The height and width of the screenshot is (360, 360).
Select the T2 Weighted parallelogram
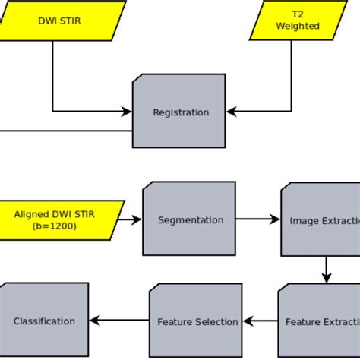tap(297, 21)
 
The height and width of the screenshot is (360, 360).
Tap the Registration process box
tap(180, 112)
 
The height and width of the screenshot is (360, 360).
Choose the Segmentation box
tap(190, 219)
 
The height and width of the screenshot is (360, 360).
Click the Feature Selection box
tap(196, 321)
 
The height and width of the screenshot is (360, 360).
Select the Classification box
tap(44, 321)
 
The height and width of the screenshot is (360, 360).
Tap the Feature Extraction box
tap(319, 321)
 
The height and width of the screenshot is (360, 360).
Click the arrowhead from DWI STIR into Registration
tap(127, 112)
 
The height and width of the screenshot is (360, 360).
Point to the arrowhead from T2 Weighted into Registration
tap(232, 112)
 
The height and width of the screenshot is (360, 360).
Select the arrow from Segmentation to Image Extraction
tap(259, 220)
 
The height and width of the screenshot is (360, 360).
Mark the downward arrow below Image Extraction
tap(326, 270)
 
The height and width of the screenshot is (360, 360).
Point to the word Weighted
tap(297, 27)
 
